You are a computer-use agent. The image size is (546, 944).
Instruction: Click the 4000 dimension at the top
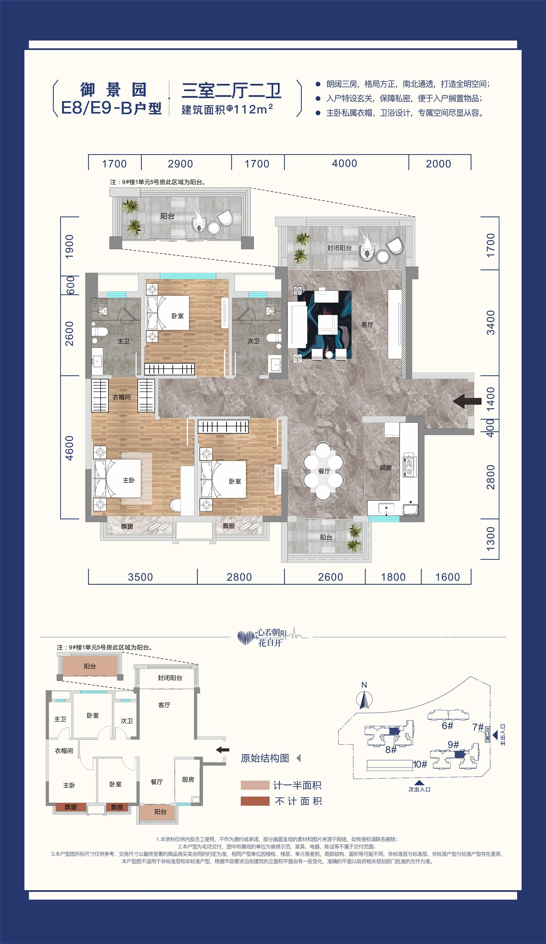click(x=344, y=163)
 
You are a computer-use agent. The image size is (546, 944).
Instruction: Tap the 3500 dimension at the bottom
click(x=140, y=577)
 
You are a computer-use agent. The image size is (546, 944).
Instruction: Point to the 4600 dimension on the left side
click(x=70, y=448)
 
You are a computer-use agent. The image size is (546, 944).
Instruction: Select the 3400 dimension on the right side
click(x=490, y=323)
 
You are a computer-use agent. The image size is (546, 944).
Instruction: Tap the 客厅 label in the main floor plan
click(x=367, y=325)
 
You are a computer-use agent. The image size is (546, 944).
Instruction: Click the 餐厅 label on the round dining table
click(x=324, y=471)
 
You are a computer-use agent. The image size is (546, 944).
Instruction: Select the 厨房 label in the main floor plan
click(x=385, y=467)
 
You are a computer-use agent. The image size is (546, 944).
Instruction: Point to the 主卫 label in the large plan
click(x=124, y=341)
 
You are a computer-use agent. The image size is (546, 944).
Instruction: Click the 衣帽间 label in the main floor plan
click(x=122, y=397)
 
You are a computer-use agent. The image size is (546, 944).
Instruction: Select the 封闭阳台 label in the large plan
click(x=339, y=248)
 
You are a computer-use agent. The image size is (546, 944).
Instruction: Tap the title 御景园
click(x=113, y=90)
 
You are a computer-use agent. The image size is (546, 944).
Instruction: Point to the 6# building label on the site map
click(x=447, y=725)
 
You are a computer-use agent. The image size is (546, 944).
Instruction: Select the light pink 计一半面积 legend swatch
click(x=255, y=785)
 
